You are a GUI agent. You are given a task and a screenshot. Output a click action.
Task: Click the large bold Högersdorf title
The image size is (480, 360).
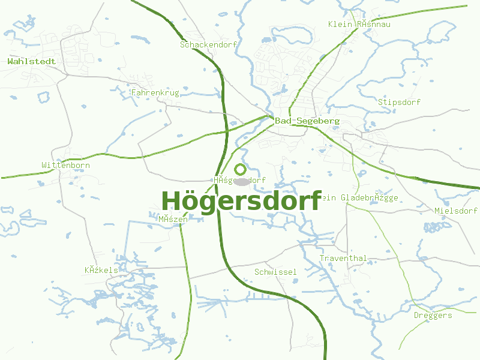tap(241, 200)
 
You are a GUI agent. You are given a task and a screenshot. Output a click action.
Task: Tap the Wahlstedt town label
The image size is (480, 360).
tap(32, 61)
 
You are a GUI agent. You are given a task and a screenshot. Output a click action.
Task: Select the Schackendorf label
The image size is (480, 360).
tap(209, 45)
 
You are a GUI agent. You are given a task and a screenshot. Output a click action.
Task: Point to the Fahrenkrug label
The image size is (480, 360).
tap(155, 93)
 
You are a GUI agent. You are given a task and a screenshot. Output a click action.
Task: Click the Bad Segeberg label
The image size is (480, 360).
tap(307, 121)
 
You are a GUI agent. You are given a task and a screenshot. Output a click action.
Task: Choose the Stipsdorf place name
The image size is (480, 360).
tap(399, 102)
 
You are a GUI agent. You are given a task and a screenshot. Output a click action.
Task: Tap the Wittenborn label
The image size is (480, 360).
tap(66, 165)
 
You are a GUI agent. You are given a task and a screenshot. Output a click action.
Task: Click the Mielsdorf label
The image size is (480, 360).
tap(456, 211)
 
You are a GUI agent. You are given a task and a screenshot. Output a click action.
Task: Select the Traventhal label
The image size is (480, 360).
tap(343, 258)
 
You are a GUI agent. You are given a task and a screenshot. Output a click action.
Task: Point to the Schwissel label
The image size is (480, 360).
tap(275, 272)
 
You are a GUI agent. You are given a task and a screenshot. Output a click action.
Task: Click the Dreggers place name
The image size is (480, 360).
tap(433, 315)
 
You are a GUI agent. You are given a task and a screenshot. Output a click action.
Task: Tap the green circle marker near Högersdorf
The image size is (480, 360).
tap(241, 169)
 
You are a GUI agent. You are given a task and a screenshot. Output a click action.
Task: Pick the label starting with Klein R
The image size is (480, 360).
tap(359, 24)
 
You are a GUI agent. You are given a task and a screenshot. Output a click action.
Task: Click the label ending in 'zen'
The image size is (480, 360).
tap(173, 219)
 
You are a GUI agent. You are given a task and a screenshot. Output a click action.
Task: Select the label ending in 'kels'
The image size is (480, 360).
tap(101, 270)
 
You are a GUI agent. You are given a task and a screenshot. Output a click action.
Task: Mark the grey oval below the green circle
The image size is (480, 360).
tap(241, 181)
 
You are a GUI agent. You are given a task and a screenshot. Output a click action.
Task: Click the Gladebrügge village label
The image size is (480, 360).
tap(359, 197)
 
